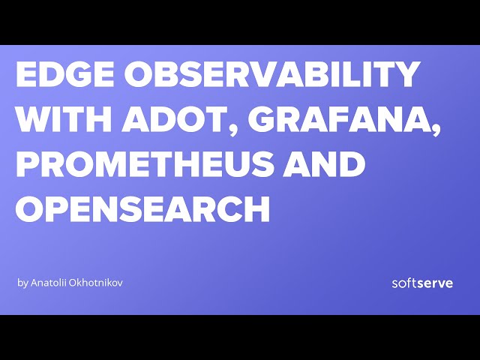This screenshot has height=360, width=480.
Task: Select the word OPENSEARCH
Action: point(142,207)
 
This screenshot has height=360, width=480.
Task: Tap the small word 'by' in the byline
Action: point(22,283)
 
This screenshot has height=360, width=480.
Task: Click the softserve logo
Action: point(422,283)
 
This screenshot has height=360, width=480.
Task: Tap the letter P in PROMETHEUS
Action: point(28,163)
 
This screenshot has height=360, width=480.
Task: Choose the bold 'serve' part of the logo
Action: point(435,283)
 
